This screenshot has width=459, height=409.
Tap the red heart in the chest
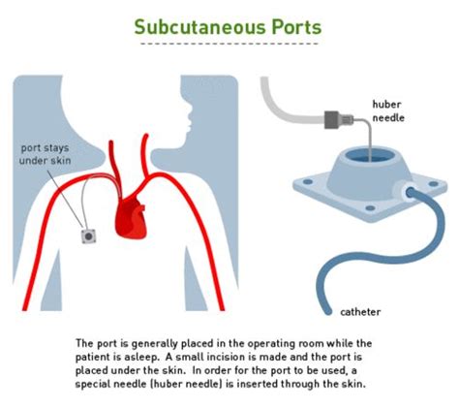[x=131, y=215]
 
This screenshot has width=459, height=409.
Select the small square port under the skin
[x=88, y=236]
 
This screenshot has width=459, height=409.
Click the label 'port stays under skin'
[x=45, y=154]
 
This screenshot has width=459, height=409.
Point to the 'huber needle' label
[x=388, y=110]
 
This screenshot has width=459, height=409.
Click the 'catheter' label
[x=360, y=312]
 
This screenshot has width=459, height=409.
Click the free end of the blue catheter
[x=327, y=311]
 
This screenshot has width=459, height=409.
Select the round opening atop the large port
[x=370, y=155]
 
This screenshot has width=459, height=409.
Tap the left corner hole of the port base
[x=308, y=182]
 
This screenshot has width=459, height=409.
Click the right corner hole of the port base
[x=433, y=184]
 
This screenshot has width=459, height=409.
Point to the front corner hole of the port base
[x=370, y=208]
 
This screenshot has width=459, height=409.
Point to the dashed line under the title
[x=229, y=44]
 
